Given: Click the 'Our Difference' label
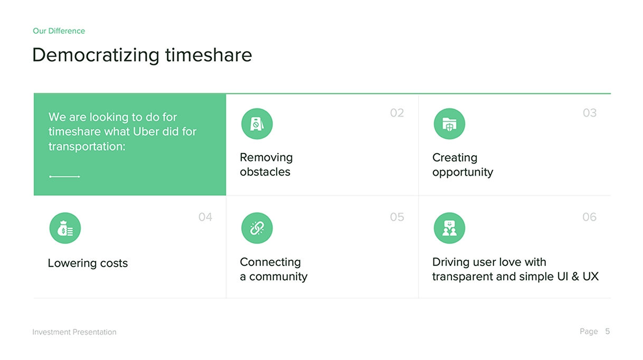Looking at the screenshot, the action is (x=59, y=31).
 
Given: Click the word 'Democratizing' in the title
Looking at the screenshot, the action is (x=96, y=55).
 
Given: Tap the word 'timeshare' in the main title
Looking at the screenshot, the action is (x=209, y=54).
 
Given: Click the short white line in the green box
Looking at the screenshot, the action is (x=64, y=176).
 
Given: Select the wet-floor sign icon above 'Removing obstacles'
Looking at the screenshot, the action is (x=257, y=124).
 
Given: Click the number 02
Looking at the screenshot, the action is (x=397, y=113).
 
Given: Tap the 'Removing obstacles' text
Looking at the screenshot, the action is (x=266, y=165).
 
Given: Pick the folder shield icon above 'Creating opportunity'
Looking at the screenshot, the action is (x=449, y=124).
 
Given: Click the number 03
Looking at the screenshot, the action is (x=590, y=113).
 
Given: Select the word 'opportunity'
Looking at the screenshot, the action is (x=463, y=172).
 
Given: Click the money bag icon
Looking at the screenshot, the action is (x=65, y=228).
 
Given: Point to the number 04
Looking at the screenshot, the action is (x=205, y=217).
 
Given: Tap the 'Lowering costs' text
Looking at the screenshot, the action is (x=88, y=263).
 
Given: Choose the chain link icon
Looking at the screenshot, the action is (x=257, y=228).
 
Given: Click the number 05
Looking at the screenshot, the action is (x=397, y=217).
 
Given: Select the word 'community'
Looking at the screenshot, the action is (x=278, y=277).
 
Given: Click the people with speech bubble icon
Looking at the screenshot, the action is (x=449, y=228).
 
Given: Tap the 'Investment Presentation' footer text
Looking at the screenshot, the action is (x=74, y=332).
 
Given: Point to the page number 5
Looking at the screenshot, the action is (x=608, y=331).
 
